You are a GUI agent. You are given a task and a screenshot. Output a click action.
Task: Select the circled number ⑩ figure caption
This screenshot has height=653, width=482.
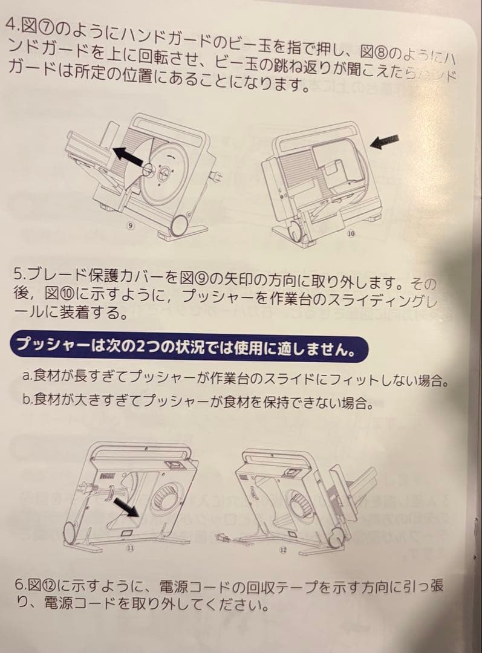pos(351,233)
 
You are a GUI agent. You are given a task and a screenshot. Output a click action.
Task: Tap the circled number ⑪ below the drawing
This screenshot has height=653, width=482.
pos(131,548)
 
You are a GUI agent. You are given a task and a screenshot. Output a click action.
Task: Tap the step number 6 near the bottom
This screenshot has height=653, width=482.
pos(18,585)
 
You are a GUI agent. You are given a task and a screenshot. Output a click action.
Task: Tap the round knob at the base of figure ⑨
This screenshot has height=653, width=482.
pos(179,226)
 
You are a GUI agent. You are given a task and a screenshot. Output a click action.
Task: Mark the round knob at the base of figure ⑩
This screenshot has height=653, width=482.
pos(293,232)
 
